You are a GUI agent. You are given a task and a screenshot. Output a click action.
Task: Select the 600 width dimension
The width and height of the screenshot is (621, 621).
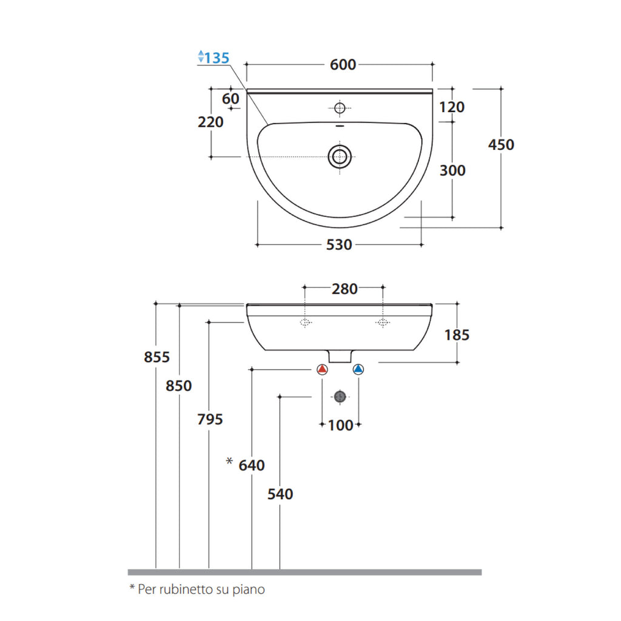tap(343, 65)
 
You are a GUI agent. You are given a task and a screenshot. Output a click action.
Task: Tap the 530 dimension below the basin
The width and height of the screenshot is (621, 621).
tap(339, 245)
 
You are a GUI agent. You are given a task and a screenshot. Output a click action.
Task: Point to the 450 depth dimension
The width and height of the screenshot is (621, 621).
tap(501, 145)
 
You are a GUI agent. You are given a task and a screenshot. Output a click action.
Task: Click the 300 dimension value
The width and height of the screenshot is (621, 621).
tap(452, 170)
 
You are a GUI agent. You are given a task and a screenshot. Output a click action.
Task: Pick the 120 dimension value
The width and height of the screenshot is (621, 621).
tap(452, 107)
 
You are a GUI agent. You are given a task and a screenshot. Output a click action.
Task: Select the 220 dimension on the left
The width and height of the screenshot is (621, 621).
tap(210, 122)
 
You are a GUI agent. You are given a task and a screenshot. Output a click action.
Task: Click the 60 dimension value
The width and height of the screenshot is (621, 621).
tap(230, 99)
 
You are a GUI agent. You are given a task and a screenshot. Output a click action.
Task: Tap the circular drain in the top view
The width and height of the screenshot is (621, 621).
tap(340, 156)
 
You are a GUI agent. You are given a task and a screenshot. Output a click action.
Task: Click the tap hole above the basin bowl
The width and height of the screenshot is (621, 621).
tap(340, 108)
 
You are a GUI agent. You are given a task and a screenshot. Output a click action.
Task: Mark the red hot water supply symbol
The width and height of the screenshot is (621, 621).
tap(322, 369)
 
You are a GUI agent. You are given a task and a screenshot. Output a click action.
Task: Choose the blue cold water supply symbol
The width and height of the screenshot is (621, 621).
tap(358, 369)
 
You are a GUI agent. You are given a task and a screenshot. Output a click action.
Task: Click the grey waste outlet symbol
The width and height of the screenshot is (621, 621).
tap(340, 397)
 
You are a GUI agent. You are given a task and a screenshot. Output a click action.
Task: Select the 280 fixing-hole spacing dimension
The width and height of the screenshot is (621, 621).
tap(344, 289)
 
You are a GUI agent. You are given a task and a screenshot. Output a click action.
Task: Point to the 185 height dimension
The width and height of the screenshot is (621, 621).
tap(457, 335)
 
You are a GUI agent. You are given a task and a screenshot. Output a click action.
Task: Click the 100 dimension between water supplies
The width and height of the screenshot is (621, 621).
tap(340, 425)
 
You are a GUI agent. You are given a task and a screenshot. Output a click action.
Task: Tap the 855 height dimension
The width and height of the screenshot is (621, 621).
tap(156, 357)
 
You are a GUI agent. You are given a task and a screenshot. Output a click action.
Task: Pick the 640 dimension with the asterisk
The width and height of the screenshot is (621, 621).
tap(251, 465)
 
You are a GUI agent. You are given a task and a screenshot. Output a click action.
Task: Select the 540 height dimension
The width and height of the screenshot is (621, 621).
tap(280, 494)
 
